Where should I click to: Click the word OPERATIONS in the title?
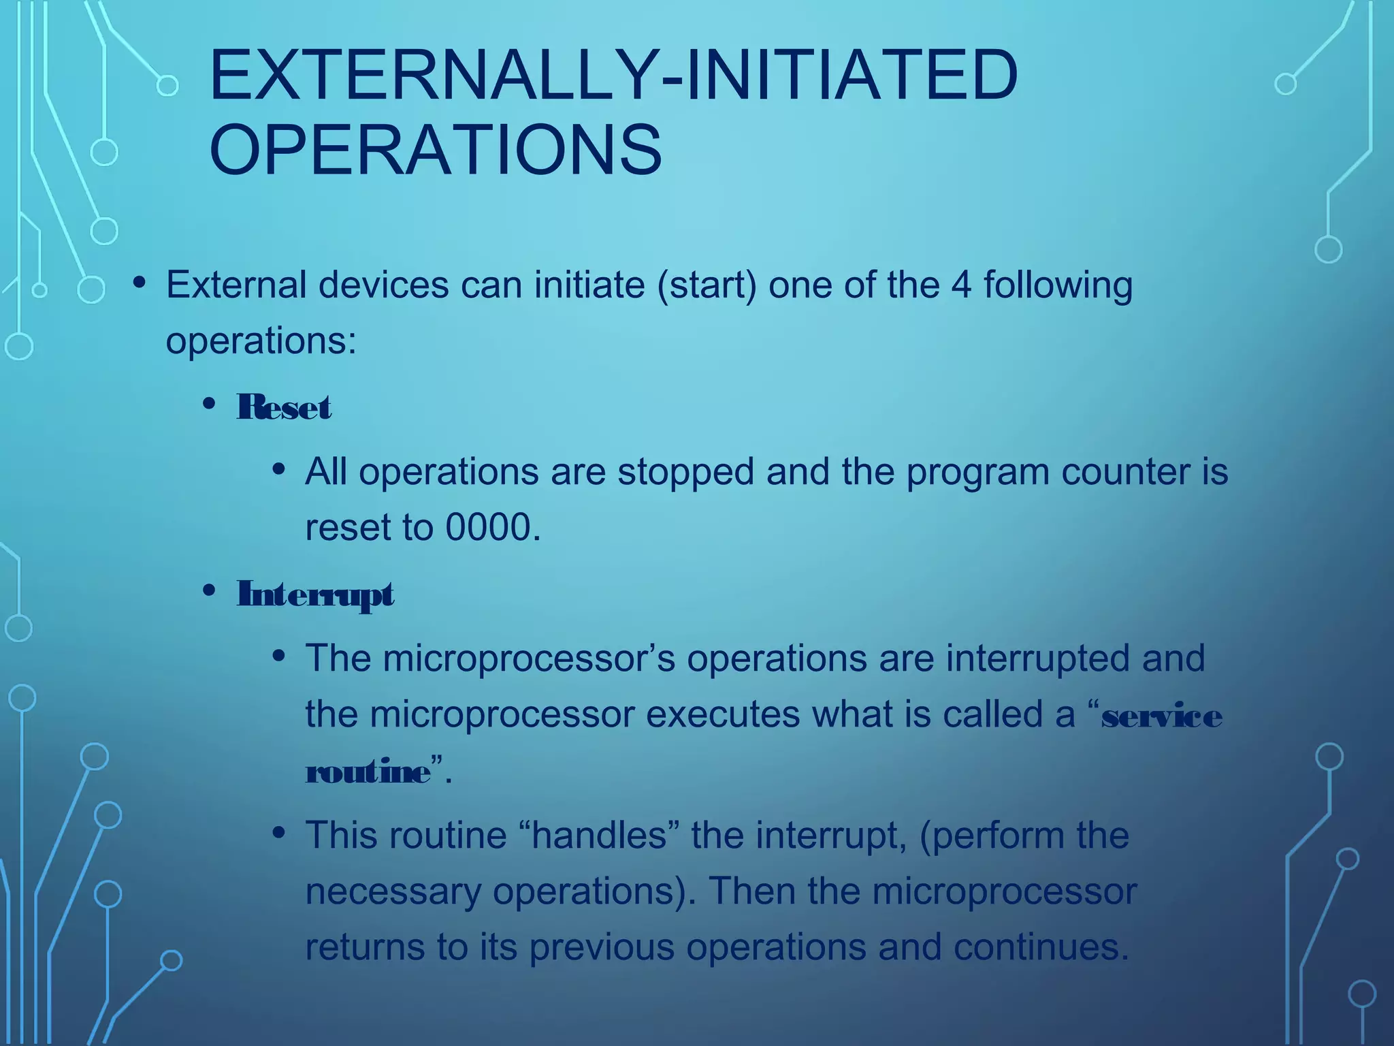point(436,150)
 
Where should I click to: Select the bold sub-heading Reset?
point(284,408)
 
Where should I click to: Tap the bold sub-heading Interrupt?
point(314,595)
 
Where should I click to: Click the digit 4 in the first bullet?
point(961,285)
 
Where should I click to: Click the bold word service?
point(1161,716)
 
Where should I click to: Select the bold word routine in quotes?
point(368,772)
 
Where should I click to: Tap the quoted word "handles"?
point(599,835)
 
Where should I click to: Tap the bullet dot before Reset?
point(209,404)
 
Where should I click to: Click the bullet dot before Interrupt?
point(209,590)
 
